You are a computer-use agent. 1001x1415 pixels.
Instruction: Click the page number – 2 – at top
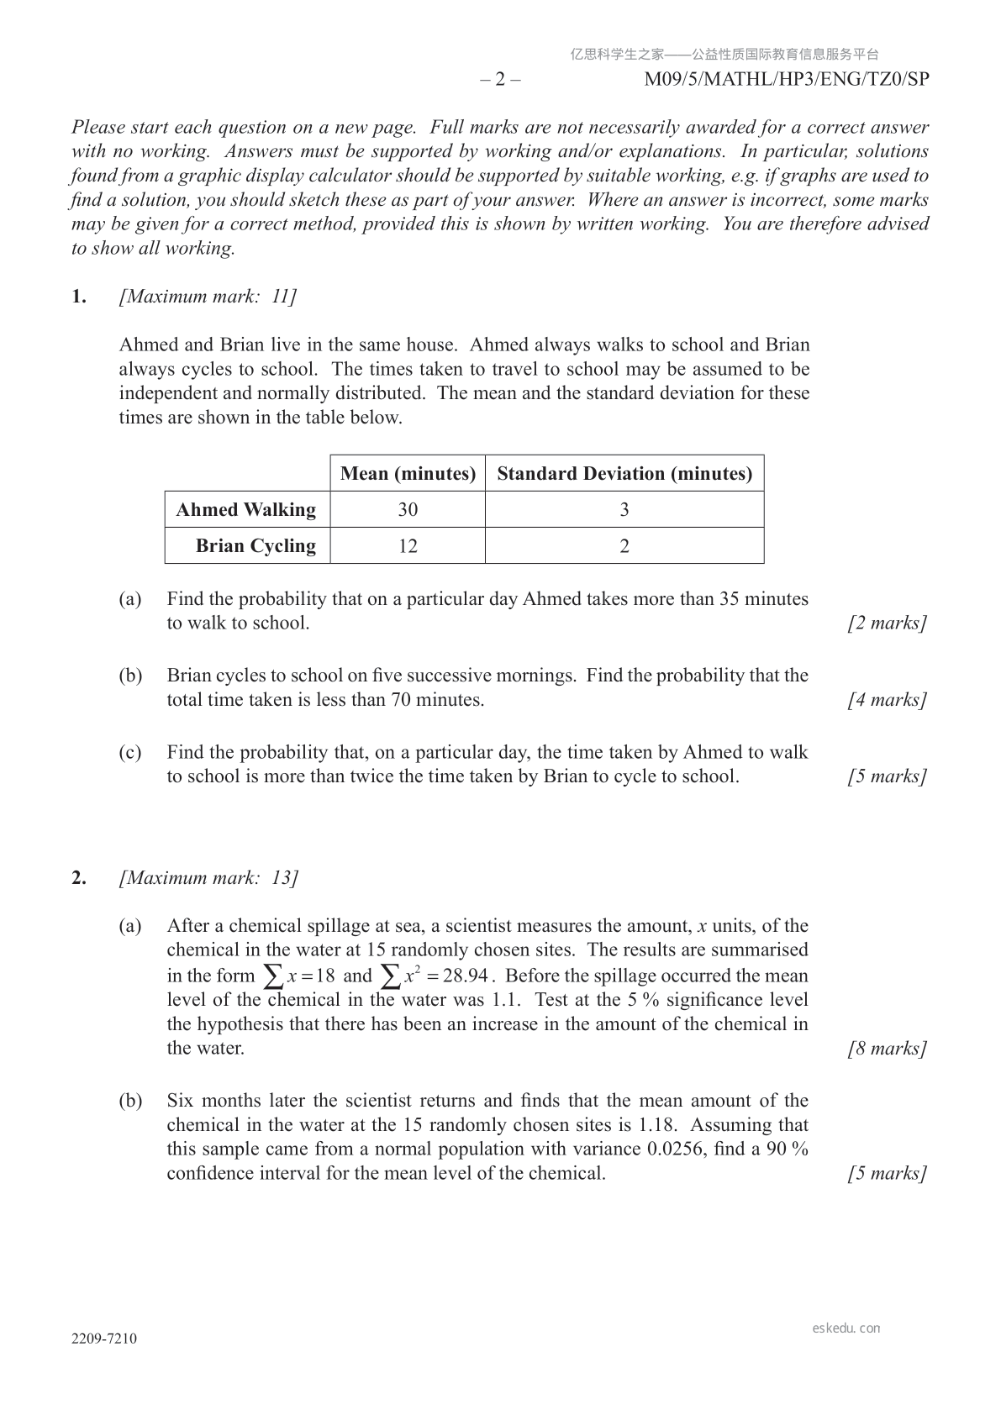point(500,80)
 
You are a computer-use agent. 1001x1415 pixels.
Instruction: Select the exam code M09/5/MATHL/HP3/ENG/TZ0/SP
point(787,80)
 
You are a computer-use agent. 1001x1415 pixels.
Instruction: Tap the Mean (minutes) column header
point(408,474)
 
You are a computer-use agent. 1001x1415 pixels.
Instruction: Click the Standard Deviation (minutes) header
point(624,474)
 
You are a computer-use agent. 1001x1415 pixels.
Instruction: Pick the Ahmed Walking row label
point(246,510)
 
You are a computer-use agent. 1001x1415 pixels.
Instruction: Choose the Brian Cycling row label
point(256,546)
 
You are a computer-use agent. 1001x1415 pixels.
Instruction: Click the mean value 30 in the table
point(408,510)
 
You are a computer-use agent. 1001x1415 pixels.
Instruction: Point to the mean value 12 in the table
point(408,546)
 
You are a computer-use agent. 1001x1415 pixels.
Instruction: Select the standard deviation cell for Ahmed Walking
point(624,510)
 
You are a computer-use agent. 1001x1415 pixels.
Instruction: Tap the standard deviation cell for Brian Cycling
point(624,546)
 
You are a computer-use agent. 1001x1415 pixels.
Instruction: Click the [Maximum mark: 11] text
point(208,297)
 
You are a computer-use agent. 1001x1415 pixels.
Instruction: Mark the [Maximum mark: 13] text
point(208,878)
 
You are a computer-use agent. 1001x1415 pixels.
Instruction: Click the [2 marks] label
point(888,623)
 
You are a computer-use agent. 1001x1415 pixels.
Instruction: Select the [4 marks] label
point(888,700)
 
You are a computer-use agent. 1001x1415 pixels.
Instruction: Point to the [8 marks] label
point(888,1049)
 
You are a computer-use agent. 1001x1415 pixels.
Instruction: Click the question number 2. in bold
point(79,878)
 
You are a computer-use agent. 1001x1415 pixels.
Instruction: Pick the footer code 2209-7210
point(104,1339)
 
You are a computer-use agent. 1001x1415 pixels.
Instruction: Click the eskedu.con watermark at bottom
point(846,1328)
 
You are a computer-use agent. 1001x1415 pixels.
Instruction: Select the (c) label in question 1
point(130,753)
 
